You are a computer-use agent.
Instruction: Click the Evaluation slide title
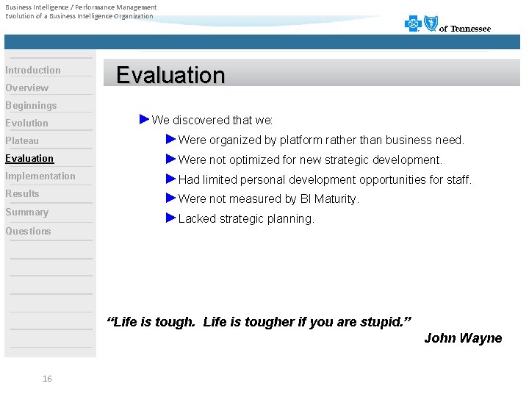tap(170, 75)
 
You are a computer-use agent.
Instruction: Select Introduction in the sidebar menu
tap(33, 71)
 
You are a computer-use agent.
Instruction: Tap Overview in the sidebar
tap(27, 88)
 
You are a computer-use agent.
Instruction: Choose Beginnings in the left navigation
tap(31, 106)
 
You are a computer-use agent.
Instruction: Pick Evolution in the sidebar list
tap(27, 124)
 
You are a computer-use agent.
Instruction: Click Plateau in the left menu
tap(22, 141)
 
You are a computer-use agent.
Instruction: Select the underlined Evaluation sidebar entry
tap(29, 159)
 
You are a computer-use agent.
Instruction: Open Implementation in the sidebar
tap(40, 176)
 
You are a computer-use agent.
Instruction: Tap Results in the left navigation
tap(22, 194)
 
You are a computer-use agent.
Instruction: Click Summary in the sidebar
tap(27, 212)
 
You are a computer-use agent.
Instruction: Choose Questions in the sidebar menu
tap(29, 232)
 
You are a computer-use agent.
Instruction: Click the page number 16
tap(47, 379)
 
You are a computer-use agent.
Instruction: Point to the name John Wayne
tap(463, 338)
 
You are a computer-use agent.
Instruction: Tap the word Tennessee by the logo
tap(470, 29)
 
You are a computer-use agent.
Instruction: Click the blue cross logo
tap(414, 24)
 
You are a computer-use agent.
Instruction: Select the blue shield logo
tap(431, 24)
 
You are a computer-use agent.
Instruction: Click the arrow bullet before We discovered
tap(144, 119)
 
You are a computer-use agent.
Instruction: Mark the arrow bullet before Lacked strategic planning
tap(170, 218)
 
